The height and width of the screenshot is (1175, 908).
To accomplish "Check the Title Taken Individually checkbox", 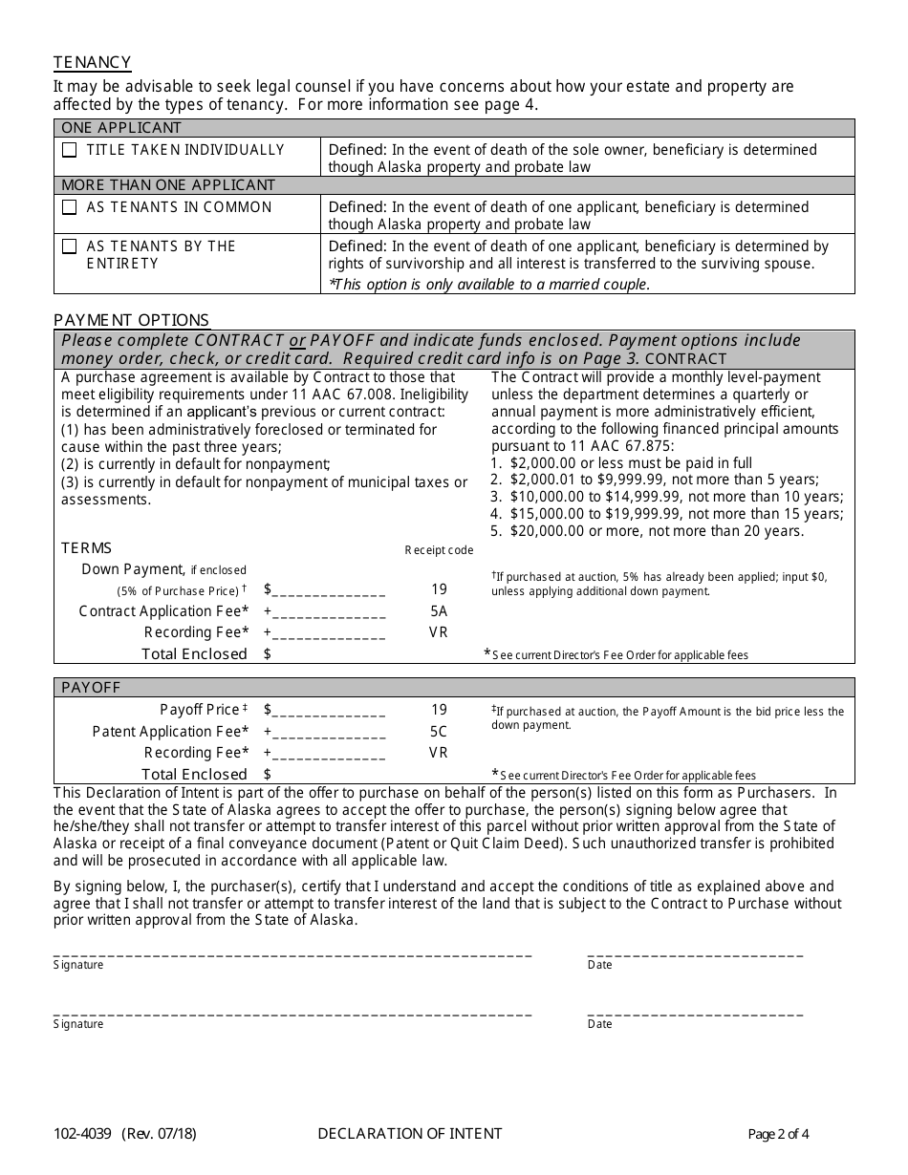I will point(70,150).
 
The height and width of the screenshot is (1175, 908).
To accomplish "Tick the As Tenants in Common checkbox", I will point(70,207).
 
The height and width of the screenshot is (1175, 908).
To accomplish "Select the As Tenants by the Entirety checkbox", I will point(70,246).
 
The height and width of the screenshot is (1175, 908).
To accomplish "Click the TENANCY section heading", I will point(92,62).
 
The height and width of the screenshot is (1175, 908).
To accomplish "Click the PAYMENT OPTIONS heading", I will point(131,320).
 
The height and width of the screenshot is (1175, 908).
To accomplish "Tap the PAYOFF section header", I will point(91,688).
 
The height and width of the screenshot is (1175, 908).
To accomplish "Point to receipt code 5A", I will point(439,611).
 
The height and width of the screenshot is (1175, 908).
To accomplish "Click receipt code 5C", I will point(439,732).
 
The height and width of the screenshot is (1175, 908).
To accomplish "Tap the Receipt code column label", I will point(439,550).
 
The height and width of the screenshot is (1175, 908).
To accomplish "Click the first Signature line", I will point(292,952).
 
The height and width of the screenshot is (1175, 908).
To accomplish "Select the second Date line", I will point(695,1012).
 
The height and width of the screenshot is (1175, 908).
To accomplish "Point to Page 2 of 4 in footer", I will point(778,1135).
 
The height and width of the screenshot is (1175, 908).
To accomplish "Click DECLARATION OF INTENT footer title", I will point(409,1134).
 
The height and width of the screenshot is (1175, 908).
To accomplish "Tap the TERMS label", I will point(86,548).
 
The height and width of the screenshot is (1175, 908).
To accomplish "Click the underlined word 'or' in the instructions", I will point(297,341).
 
